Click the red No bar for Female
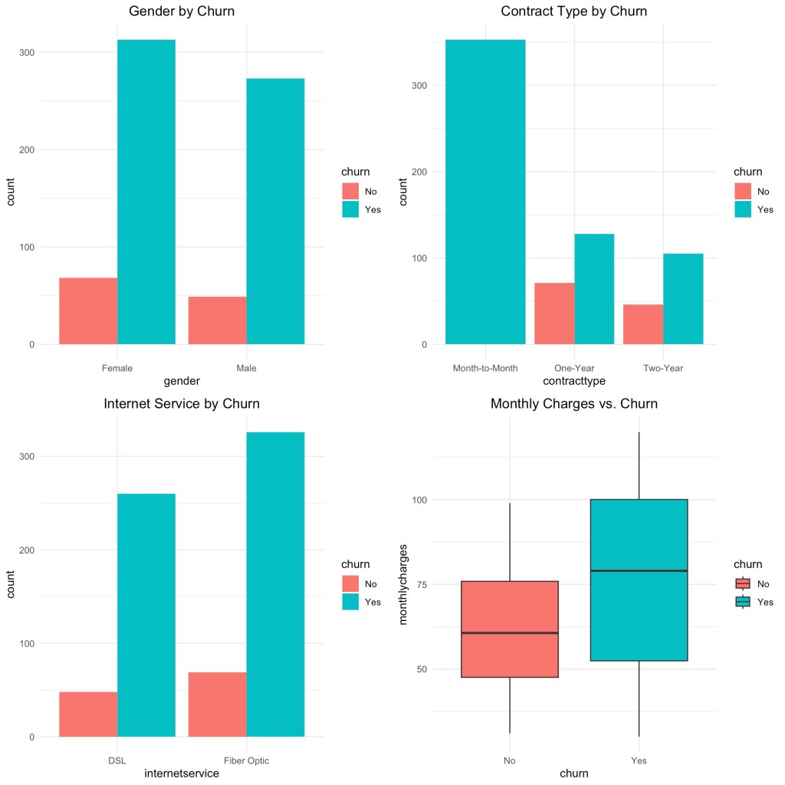tap(88, 310)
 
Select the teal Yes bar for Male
tap(275, 211)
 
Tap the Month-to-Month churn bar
tap(485, 192)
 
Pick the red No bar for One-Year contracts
tap(554, 314)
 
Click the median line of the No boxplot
tap(510, 633)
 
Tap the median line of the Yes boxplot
tap(639, 570)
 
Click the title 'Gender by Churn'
tap(182, 11)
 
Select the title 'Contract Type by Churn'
tap(573, 11)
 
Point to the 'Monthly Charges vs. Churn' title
tap(573, 403)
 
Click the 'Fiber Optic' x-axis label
tap(247, 760)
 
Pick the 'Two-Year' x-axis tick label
tap(663, 368)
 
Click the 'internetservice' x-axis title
tap(182, 774)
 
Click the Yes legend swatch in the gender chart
tap(350, 209)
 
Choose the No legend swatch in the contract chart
tap(742, 192)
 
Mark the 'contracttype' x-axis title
tap(573, 380)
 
